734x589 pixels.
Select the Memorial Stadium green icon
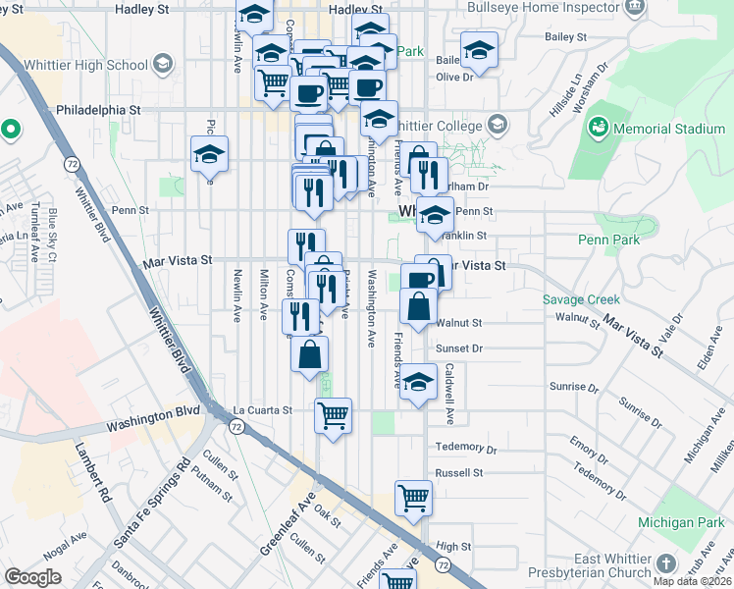coord(598,129)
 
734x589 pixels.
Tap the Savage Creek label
coord(580,300)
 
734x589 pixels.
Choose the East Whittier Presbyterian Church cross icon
coord(666,563)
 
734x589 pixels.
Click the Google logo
coord(32,577)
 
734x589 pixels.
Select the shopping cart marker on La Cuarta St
coord(333,415)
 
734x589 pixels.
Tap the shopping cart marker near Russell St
coord(413,498)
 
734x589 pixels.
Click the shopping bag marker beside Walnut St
coord(418,305)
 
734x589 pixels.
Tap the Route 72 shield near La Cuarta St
coord(236,427)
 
